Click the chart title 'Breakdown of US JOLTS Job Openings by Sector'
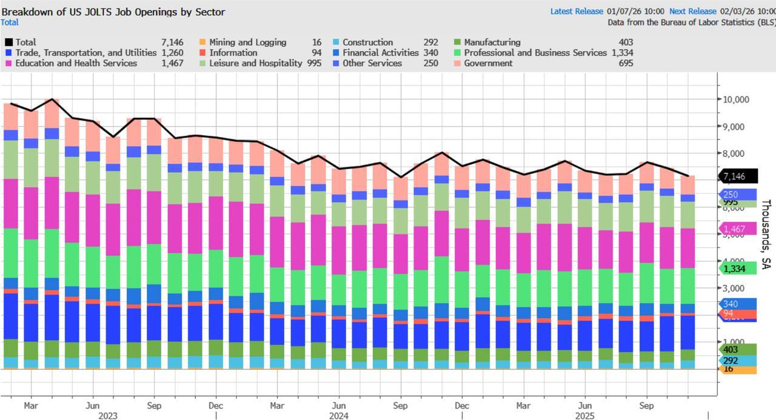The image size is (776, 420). pyautogui.click(x=113, y=12)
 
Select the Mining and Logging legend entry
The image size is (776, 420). pyautogui.click(x=247, y=42)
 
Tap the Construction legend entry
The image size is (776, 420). pyautogui.click(x=367, y=42)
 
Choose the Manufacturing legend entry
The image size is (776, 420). pyautogui.click(x=492, y=42)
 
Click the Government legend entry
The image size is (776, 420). pyautogui.click(x=488, y=63)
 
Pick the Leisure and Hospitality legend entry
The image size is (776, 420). pyautogui.click(x=255, y=63)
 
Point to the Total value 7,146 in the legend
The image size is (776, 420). pyautogui.click(x=172, y=42)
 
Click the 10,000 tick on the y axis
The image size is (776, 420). pyautogui.click(x=736, y=99)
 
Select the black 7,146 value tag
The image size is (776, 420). pyautogui.click(x=738, y=176)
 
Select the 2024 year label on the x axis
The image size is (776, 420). pyautogui.click(x=338, y=416)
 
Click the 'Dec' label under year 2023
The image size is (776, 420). pyautogui.click(x=216, y=405)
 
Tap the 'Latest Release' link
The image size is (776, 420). pyautogui.click(x=577, y=11)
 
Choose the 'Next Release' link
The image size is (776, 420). pyautogui.click(x=692, y=11)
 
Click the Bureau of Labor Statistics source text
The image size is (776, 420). pyautogui.click(x=691, y=22)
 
